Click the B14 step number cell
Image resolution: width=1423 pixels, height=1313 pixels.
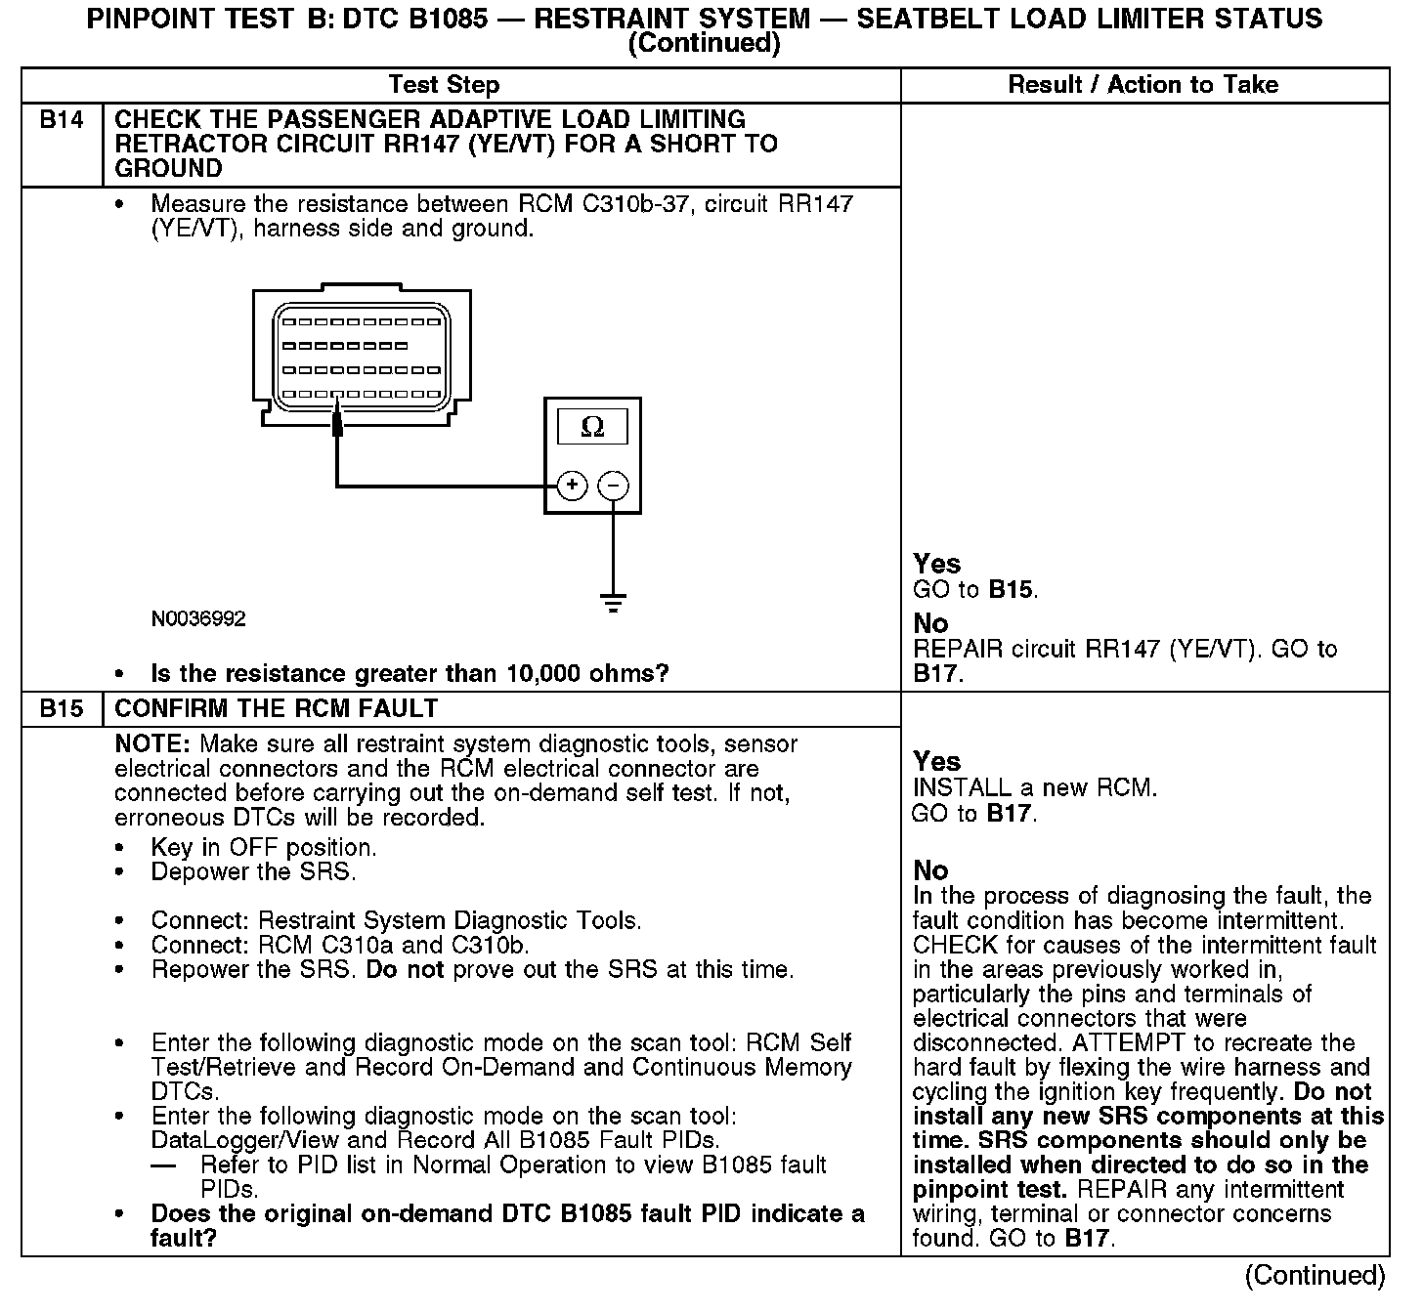point(62,120)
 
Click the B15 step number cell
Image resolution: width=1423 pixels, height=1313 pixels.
point(62,708)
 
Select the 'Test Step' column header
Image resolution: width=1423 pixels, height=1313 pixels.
point(444,85)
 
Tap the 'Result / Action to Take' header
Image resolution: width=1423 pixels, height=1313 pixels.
point(1143,85)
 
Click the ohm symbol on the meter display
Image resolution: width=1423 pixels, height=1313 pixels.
point(592,427)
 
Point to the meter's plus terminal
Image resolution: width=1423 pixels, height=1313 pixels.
point(572,486)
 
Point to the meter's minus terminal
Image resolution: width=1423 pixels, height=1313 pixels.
point(613,486)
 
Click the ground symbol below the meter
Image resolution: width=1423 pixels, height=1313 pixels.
point(613,602)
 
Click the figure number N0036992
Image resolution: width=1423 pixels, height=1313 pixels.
point(198,619)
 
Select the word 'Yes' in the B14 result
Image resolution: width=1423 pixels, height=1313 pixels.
point(936,564)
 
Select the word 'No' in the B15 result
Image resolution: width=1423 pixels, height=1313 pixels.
point(930,870)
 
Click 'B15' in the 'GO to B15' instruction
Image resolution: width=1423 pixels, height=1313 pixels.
point(1011,590)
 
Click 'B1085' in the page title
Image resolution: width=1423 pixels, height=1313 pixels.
point(443,19)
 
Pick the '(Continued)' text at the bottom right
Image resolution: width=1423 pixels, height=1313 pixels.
point(1315,1276)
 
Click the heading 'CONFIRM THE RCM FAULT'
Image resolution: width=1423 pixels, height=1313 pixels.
point(276,708)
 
